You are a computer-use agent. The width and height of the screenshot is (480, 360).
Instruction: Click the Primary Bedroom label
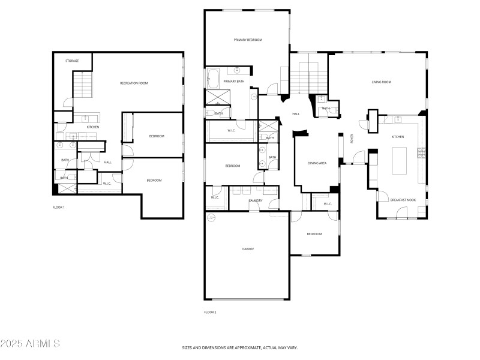click(248, 40)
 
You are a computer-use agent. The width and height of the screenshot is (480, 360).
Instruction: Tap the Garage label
click(247, 248)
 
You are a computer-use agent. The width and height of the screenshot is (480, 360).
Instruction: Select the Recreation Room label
click(134, 83)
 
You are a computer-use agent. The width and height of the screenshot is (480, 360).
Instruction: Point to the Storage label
click(72, 61)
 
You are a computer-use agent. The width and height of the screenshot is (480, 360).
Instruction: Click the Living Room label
click(382, 82)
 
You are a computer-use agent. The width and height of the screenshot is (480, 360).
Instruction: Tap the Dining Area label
click(317, 163)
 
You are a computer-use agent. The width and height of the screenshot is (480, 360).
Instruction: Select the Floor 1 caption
click(59, 207)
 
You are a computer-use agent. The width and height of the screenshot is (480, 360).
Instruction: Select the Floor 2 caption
click(210, 312)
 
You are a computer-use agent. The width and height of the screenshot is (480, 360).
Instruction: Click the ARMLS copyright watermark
click(30, 344)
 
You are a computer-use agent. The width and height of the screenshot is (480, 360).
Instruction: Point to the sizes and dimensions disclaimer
click(240, 347)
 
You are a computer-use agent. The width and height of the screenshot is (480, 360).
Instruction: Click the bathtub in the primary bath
click(213, 78)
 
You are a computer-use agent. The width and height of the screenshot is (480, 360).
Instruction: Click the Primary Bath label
click(234, 81)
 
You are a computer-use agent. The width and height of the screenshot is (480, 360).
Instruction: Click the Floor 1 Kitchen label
click(93, 127)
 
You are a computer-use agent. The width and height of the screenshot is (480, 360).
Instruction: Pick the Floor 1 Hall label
click(108, 162)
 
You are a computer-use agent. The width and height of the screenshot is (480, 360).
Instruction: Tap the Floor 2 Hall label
click(296, 113)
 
